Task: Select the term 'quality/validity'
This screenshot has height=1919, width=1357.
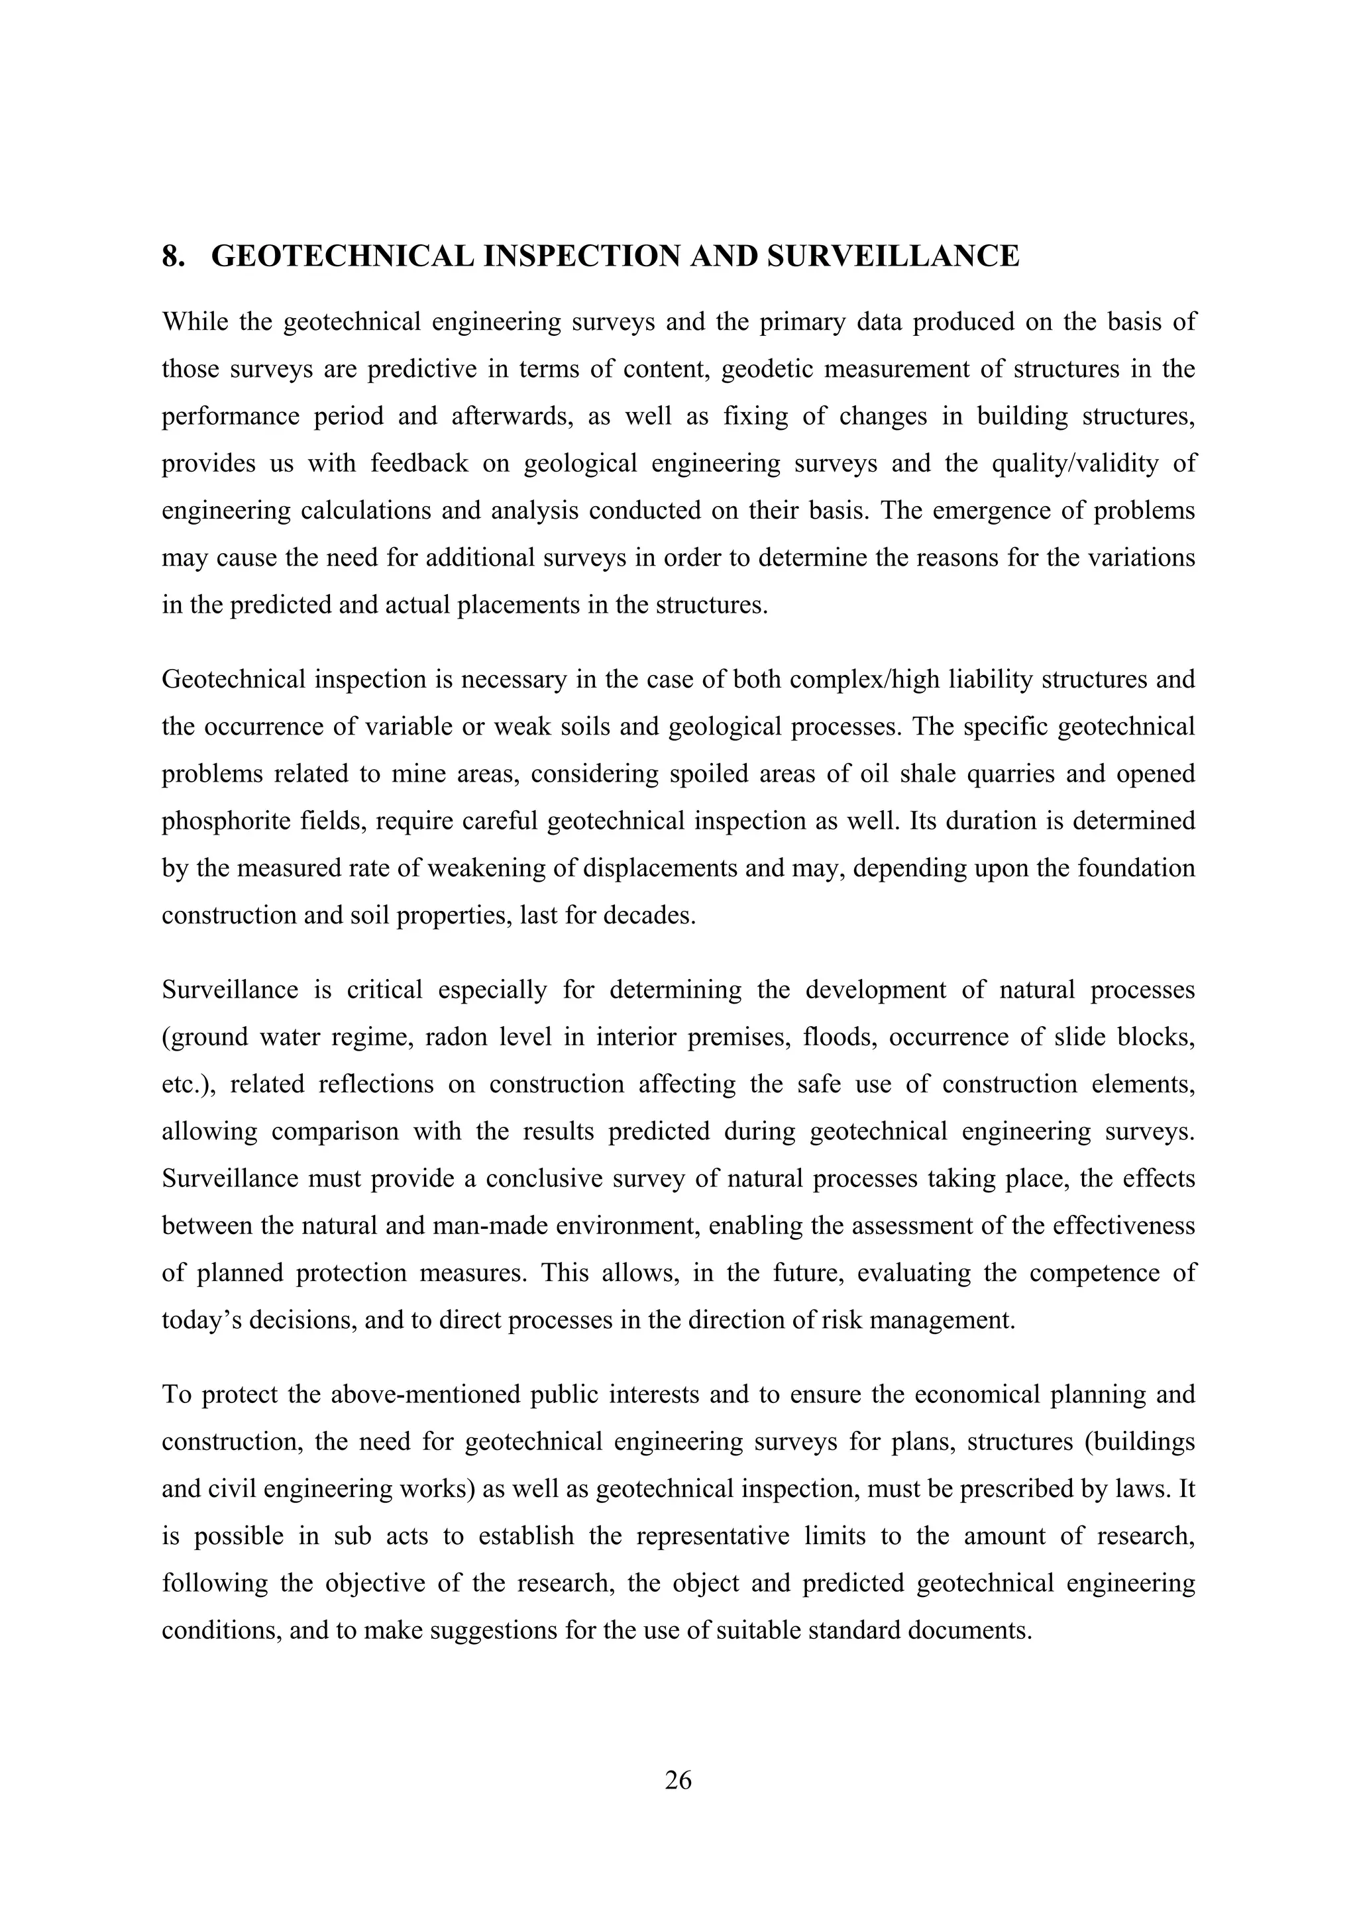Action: tap(1075, 463)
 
